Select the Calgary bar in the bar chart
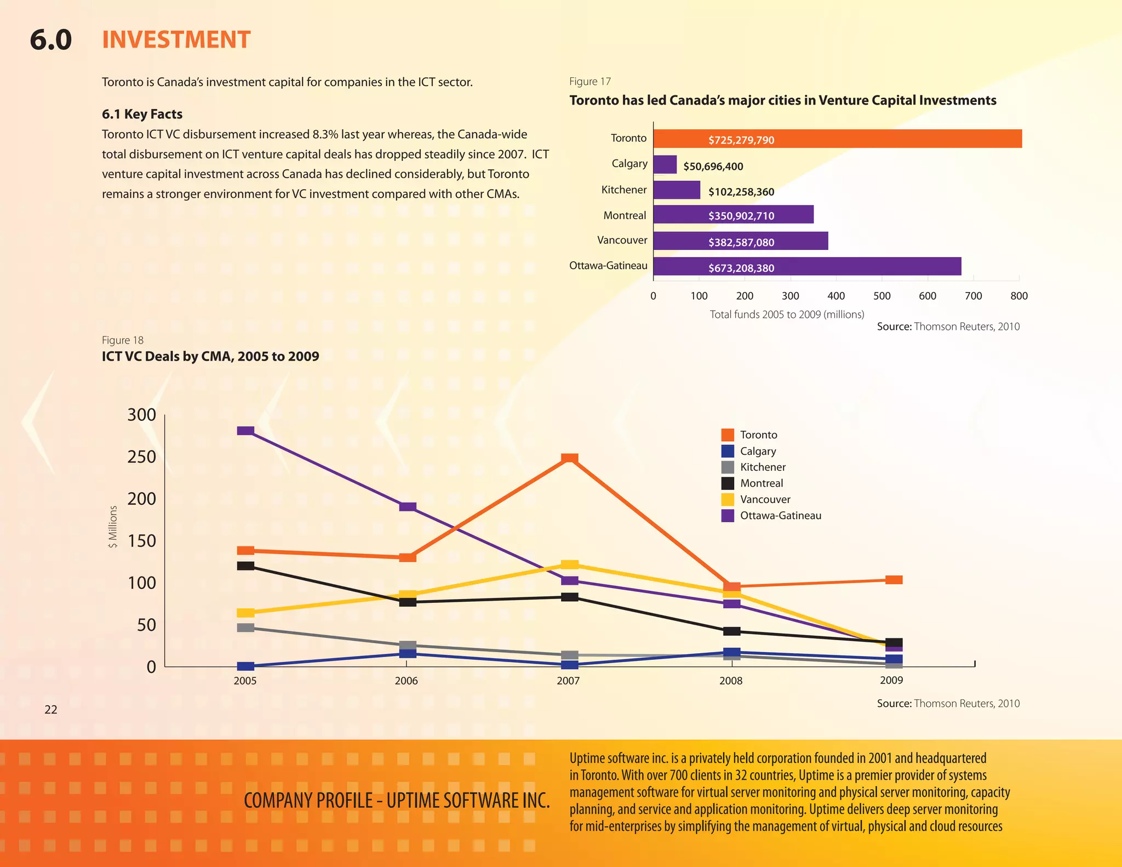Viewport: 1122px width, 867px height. (665, 164)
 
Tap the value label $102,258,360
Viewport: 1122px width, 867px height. (741, 192)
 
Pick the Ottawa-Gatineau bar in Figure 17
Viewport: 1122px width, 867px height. (806, 266)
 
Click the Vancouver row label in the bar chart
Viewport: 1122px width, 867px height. (622, 240)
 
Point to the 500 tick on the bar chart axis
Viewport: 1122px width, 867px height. (881, 296)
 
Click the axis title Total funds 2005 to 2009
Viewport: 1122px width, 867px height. (787, 315)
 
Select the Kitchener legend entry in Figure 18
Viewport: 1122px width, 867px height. (762, 467)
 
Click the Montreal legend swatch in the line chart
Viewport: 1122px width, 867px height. (728, 483)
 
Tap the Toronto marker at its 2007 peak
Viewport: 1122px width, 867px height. (570, 458)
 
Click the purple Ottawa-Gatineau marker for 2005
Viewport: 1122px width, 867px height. (245, 431)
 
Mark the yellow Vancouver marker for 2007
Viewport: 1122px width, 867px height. (570, 564)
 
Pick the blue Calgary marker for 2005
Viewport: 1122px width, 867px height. (245, 666)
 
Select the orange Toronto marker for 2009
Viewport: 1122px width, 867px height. (894, 580)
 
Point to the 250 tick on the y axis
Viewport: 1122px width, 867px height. (141, 457)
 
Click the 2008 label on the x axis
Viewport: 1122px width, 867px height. (730, 681)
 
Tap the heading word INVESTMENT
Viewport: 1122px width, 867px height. (176, 40)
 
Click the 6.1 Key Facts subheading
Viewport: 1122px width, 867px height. (142, 114)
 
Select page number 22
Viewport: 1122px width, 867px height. (50, 710)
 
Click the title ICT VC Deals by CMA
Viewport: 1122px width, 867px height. (210, 356)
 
